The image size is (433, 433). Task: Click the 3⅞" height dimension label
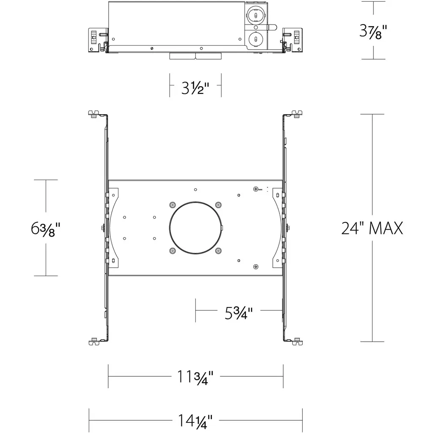(x=373, y=31)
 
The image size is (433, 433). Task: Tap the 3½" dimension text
(x=195, y=88)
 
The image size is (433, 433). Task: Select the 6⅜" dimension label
(x=46, y=229)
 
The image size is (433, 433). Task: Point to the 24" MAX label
(x=372, y=228)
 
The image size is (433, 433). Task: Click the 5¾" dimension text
(x=238, y=313)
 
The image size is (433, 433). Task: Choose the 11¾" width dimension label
(x=195, y=377)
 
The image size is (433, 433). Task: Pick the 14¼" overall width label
(x=195, y=421)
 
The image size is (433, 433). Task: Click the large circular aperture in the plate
(x=195, y=228)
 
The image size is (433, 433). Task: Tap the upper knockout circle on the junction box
(x=256, y=15)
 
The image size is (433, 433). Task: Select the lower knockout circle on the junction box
(x=256, y=39)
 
